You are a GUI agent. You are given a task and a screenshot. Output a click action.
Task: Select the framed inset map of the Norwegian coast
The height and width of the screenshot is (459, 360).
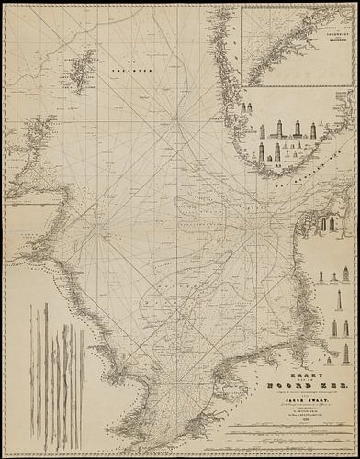[300, 41]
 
